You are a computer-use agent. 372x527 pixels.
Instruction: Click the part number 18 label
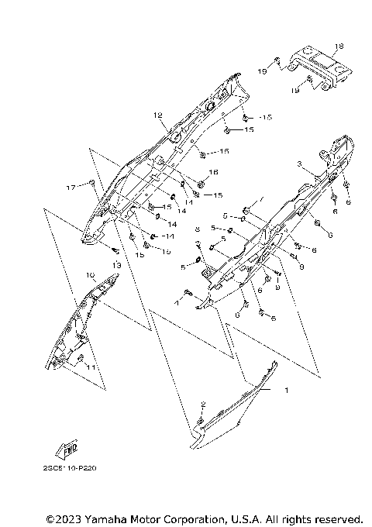[339, 46]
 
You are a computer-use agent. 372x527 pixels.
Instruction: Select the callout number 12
[157, 115]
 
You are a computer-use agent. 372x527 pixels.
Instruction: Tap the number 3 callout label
[298, 164]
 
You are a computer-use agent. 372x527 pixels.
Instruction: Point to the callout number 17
[69, 188]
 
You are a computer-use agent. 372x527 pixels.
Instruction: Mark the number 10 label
[90, 274]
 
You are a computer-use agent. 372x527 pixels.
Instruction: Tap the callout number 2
[203, 404]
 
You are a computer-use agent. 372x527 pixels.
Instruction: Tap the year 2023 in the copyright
[71, 518]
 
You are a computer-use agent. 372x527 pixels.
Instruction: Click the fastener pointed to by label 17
[91, 183]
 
